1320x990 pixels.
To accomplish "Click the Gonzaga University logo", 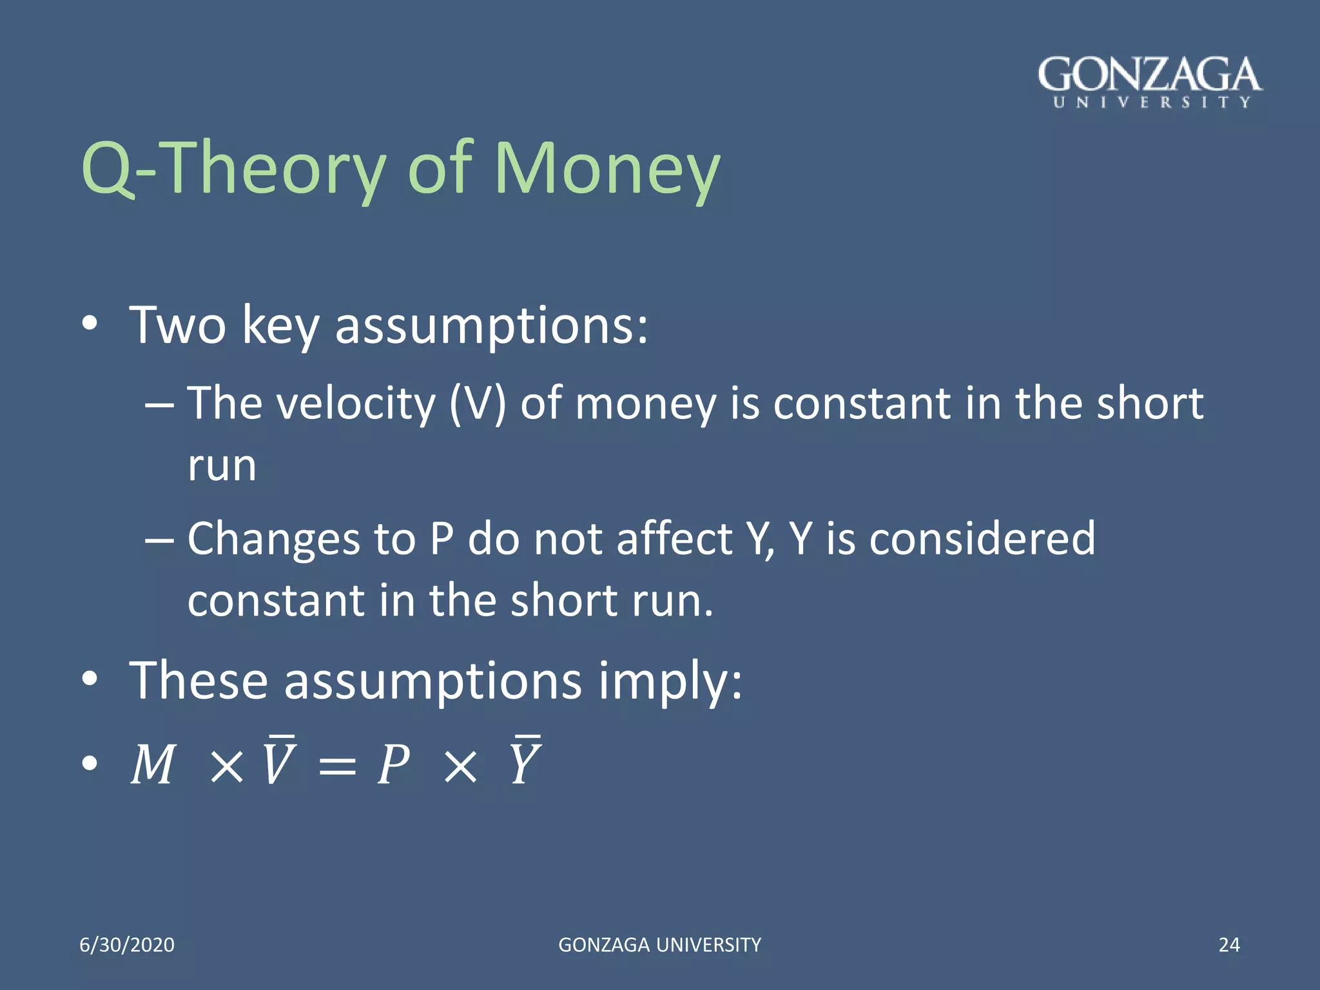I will click(x=1150, y=82).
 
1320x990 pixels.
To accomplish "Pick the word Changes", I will click(x=273, y=539).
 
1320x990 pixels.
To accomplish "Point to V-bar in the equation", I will click(x=280, y=762).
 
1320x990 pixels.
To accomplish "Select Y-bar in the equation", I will click(x=525, y=762).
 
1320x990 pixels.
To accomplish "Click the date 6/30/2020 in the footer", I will click(x=127, y=945).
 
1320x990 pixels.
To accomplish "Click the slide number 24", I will click(x=1228, y=945).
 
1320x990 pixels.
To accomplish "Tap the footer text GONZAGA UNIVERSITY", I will click(x=659, y=945).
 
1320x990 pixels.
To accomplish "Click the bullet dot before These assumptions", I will click(x=90, y=679).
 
